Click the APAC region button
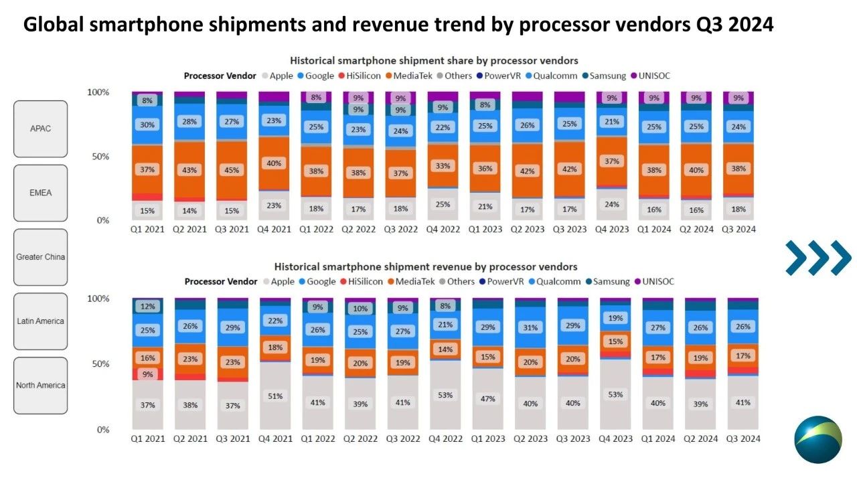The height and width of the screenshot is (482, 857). [40, 129]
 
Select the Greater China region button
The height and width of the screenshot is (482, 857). [40, 257]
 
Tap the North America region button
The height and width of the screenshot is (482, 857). [40, 385]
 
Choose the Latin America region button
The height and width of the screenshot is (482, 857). [40, 321]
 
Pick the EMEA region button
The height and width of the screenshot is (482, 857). [40, 193]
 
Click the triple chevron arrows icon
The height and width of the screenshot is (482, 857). [818, 258]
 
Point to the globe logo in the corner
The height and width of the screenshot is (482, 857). [817, 440]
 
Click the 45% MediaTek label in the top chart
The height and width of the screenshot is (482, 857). [231, 170]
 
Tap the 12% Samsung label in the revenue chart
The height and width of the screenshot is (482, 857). [147, 307]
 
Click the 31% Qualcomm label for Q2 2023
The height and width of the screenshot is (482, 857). [529, 327]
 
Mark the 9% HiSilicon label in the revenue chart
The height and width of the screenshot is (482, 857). [147, 374]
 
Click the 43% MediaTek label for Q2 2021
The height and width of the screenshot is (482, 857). [189, 170]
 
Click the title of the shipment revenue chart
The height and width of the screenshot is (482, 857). [425, 267]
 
